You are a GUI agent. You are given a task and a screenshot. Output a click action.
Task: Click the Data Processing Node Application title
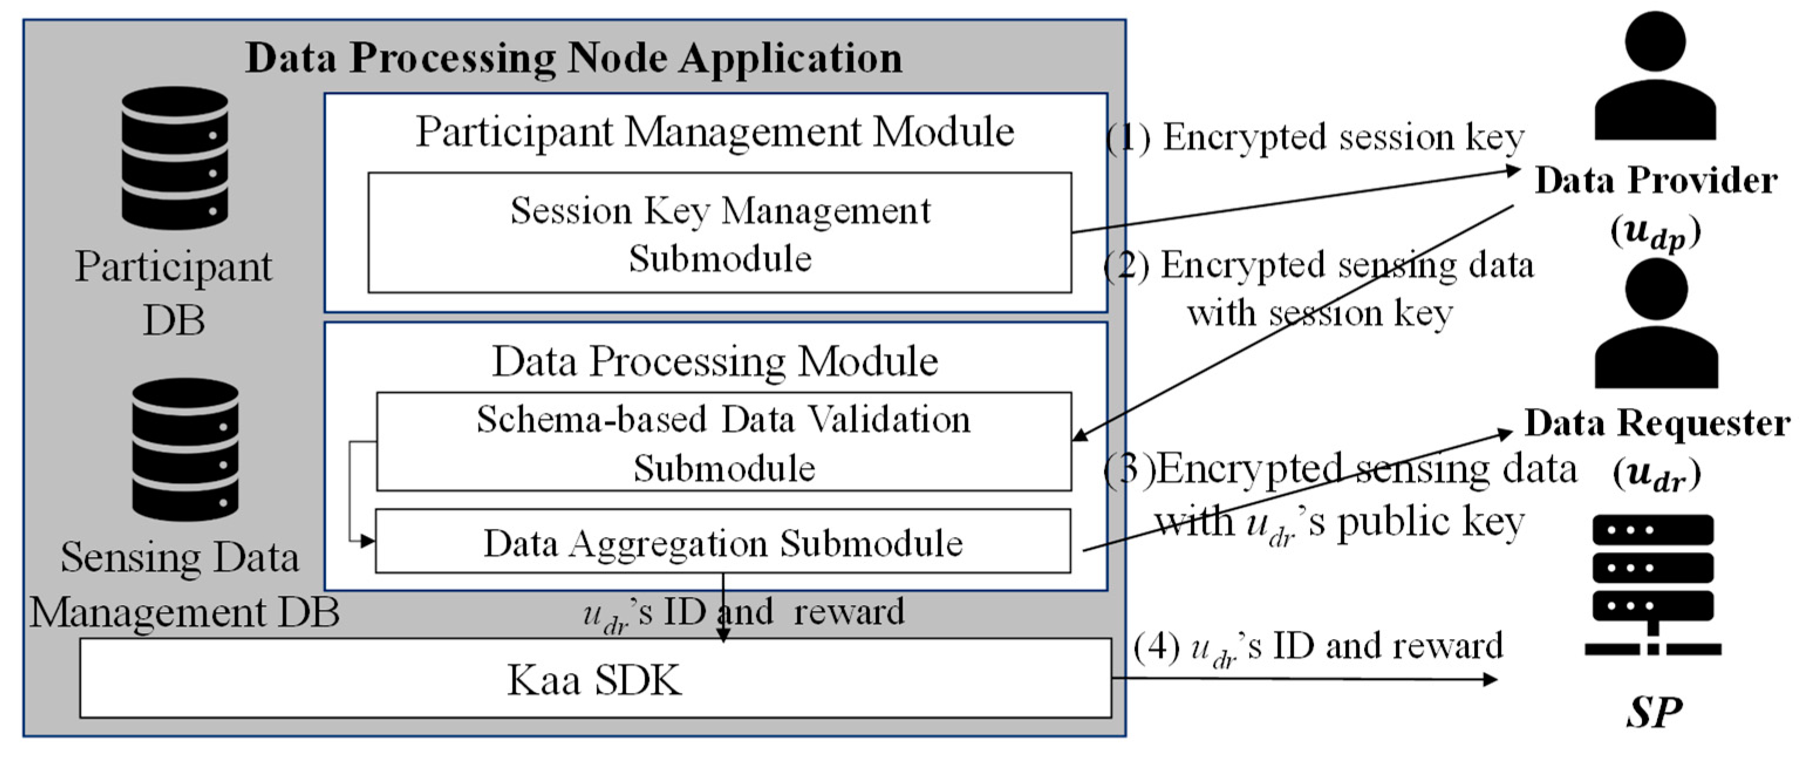[574, 57]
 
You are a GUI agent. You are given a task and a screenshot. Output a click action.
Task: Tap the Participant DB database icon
[175, 158]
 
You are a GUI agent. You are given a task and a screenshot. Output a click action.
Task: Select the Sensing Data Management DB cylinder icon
[186, 450]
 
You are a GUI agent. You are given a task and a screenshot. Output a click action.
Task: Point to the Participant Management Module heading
[715, 131]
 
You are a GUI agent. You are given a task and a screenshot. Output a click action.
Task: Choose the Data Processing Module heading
[715, 362]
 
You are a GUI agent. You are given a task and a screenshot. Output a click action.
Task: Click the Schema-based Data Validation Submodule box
[724, 441]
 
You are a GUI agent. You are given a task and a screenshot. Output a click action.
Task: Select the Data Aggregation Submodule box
[723, 541]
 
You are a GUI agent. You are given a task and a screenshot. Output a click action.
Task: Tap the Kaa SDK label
[595, 680]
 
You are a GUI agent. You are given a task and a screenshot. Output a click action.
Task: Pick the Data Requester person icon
[1656, 323]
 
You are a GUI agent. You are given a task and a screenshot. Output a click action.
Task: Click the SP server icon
[1652, 585]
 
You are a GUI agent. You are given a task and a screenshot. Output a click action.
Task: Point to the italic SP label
[1654, 712]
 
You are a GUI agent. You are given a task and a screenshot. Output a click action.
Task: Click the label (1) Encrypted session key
[1314, 137]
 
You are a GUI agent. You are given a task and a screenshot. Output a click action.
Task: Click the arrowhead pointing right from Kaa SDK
[1489, 679]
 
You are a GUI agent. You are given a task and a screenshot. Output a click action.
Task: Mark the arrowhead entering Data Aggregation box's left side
[367, 541]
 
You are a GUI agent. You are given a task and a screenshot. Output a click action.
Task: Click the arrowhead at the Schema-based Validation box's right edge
[1081, 434]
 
